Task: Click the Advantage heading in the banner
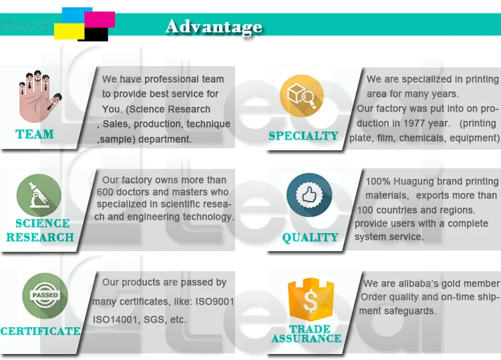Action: (x=214, y=27)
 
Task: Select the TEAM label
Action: (x=35, y=134)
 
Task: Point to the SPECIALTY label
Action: (x=303, y=136)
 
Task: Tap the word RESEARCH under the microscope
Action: (x=40, y=237)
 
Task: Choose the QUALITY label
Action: (x=310, y=237)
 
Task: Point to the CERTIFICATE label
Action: (x=41, y=331)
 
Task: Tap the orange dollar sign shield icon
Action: (x=309, y=299)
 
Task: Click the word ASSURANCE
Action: (x=306, y=339)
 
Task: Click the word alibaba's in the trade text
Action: (x=414, y=284)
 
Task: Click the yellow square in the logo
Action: (x=67, y=31)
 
